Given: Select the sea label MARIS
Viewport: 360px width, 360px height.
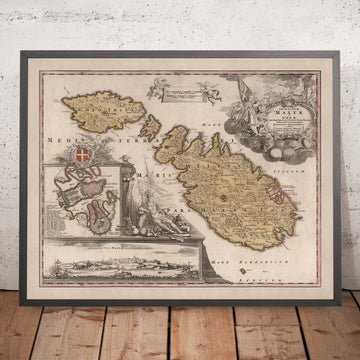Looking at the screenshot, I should [159, 184].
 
